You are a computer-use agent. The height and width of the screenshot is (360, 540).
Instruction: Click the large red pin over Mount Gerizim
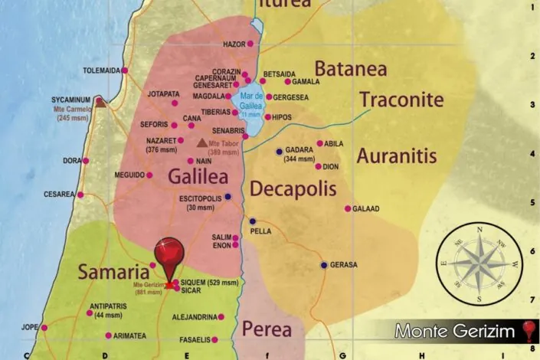[x=169, y=254]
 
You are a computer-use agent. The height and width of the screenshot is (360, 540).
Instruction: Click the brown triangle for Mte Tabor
[x=202, y=142]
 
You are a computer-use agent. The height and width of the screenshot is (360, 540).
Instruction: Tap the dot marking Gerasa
[x=324, y=265]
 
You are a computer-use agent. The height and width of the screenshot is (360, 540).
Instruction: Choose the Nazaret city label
[x=160, y=140]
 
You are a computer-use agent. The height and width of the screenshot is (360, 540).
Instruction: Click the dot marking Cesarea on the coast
[x=80, y=195]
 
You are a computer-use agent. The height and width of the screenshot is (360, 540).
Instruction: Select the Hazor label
[x=233, y=44]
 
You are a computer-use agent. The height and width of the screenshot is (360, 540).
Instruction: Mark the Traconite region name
[x=401, y=100]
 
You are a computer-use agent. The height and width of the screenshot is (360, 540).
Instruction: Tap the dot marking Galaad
[x=348, y=208]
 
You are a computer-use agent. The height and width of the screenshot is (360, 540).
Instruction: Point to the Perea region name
[x=267, y=330]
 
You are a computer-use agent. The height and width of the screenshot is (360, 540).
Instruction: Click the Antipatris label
[x=107, y=306]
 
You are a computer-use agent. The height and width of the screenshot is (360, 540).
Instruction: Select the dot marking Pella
[x=253, y=221]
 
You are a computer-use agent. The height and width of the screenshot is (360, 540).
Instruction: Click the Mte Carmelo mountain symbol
[x=100, y=101]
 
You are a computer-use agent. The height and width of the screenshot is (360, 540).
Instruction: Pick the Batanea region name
[x=350, y=68]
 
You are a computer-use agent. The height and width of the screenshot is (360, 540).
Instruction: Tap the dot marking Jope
[x=44, y=328]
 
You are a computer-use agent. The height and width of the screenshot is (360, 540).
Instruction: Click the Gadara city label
[x=299, y=151]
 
